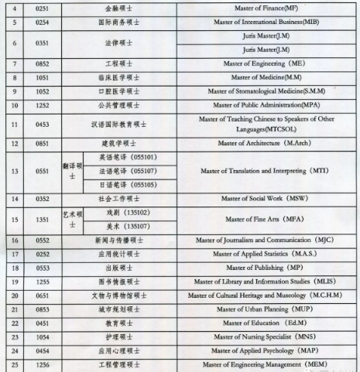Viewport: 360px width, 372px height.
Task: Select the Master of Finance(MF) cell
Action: [x=260, y=8]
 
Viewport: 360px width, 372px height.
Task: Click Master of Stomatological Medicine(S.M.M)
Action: [x=260, y=91]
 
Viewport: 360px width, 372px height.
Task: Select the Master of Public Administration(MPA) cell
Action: [x=260, y=105]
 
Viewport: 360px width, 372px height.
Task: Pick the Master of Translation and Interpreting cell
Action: [x=260, y=171]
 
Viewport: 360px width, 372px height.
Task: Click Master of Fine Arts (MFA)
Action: [x=260, y=220]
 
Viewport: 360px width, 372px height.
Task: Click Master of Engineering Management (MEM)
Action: [x=260, y=364]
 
